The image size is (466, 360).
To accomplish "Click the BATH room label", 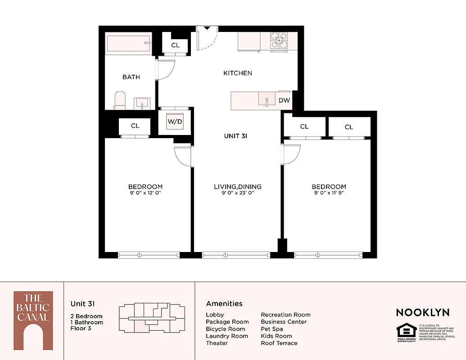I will pyautogui.click(x=131, y=77).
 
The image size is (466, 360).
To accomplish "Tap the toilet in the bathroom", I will pyautogui.click(x=120, y=100).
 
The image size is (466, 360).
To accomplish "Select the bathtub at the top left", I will pyautogui.click(x=128, y=44).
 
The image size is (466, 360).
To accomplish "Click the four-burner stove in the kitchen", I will pyautogui.click(x=279, y=41).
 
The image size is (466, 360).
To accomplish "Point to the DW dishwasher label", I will pyautogui.click(x=284, y=100).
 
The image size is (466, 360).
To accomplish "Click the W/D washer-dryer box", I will pyautogui.click(x=176, y=121).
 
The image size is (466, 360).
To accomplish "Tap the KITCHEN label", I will pyautogui.click(x=238, y=73).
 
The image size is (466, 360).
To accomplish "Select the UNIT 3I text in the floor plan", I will pyautogui.click(x=236, y=136).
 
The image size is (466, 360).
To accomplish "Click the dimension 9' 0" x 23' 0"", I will pyautogui.click(x=237, y=193).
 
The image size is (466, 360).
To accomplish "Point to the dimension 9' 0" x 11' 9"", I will pyautogui.click(x=329, y=193).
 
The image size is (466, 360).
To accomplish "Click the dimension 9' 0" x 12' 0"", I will pyautogui.click(x=145, y=193).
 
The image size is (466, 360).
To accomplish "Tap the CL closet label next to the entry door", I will pyautogui.click(x=175, y=45).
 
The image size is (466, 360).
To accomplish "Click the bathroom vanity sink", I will pyautogui.click(x=143, y=103).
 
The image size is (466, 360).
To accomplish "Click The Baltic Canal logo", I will pyautogui.click(x=33, y=320).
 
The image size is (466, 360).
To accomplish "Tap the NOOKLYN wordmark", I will pyautogui.click(x=422, y=312).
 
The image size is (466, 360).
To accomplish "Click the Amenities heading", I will pyautogui.click(x=224, y=304).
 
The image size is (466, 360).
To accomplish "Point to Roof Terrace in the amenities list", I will pyautogui.click(x=279, y=343).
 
